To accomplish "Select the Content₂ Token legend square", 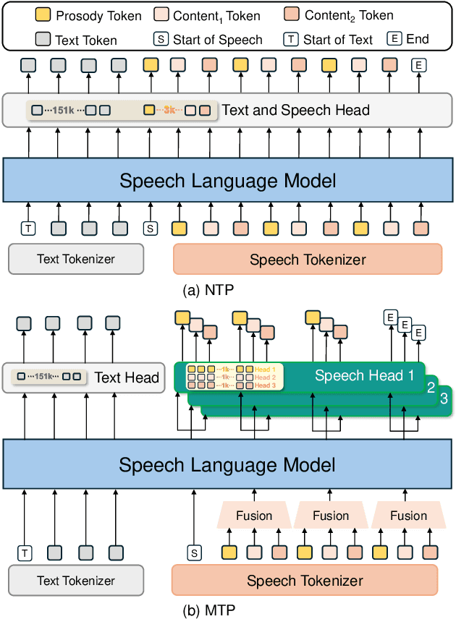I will (x=291, y=15).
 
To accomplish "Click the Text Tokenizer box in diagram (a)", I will (x=76, y=259).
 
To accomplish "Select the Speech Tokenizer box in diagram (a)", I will (x=308, y=259).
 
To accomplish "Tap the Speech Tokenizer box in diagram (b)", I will (x=305, y=581).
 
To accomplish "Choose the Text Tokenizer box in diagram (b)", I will (x=76, y=581).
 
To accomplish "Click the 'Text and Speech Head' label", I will (x=295, y=111).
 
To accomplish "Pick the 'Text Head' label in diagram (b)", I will (x=127, y=377).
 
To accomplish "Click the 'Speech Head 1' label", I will (x=363, y=376).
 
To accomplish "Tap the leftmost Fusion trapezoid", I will (x=253, y=516).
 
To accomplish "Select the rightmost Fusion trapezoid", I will (x=408, y=516).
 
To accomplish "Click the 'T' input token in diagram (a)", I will (x=28, y=229).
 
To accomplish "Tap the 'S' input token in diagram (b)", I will (x=193, y=553).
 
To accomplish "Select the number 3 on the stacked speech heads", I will (x=444, y=399).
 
